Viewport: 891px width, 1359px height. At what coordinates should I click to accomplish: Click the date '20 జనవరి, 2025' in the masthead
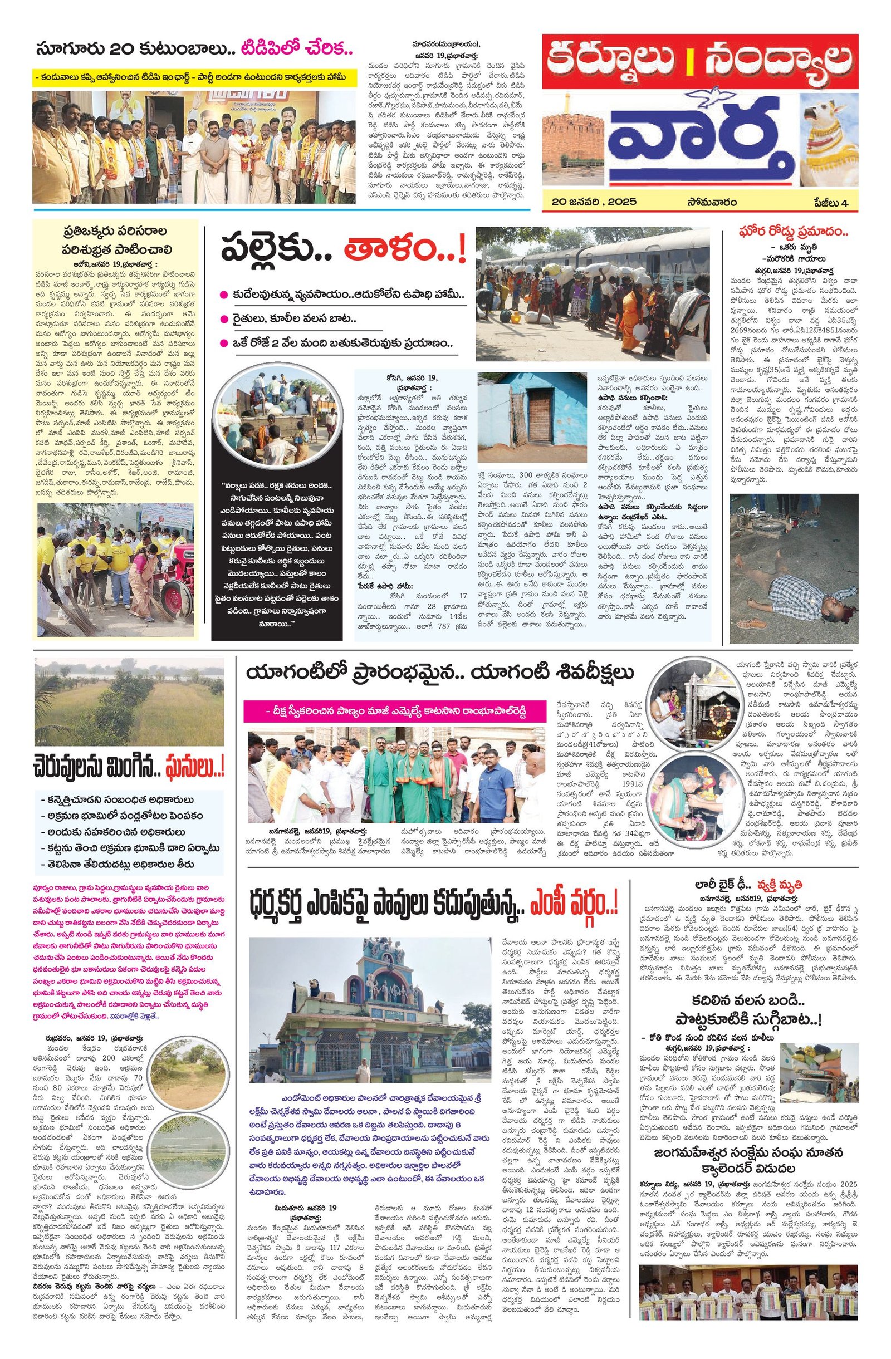[594, 202]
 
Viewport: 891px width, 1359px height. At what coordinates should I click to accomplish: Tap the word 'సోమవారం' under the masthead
[712, 202]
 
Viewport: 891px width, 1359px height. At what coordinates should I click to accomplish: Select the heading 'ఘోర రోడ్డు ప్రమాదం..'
[793, 233]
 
